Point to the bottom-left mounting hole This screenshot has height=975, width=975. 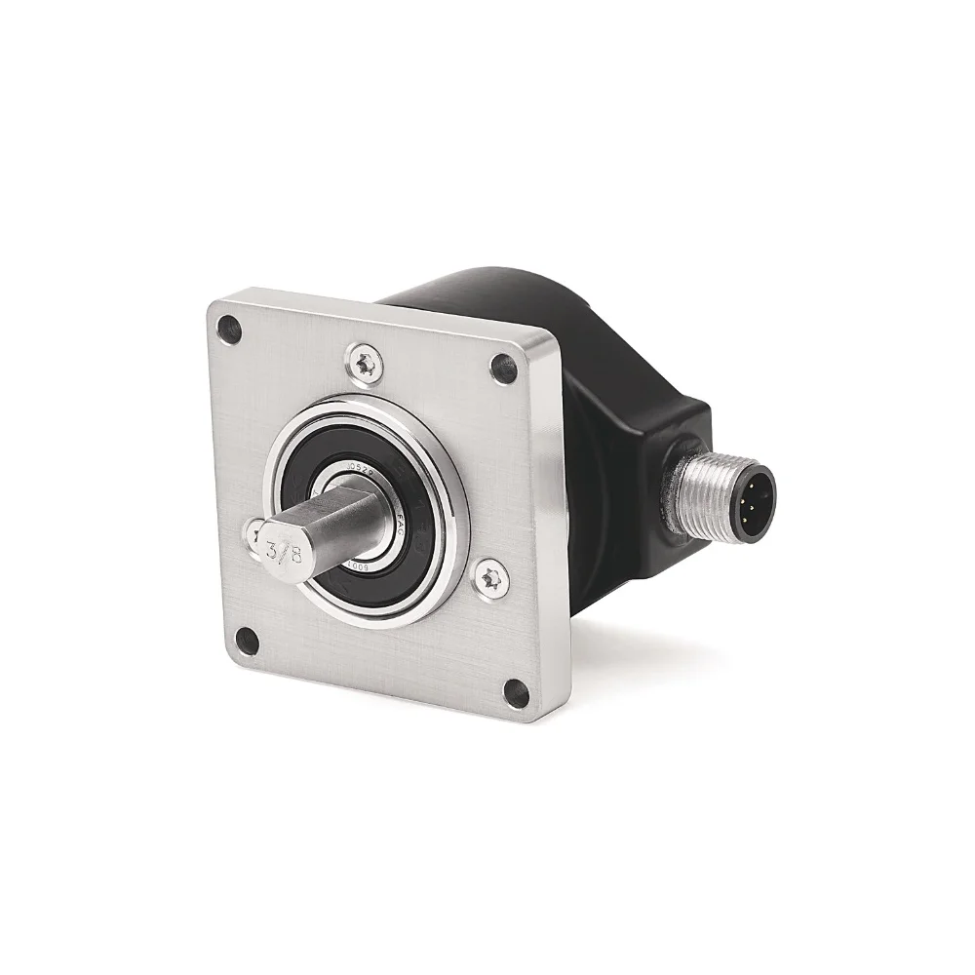248,641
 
